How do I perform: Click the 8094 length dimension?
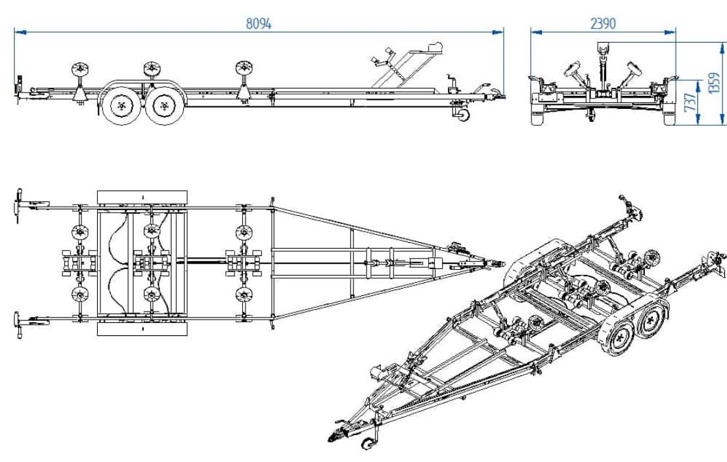(259, 23)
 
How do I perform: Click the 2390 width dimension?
(603, 24)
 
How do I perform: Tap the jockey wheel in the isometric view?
(368, 444)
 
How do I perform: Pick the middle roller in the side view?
(152, 68)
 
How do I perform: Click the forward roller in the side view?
(244, 68)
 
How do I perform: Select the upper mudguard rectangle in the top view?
(143, 198)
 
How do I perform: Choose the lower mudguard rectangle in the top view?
(143, 328)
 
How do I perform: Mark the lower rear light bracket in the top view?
(26, 322)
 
